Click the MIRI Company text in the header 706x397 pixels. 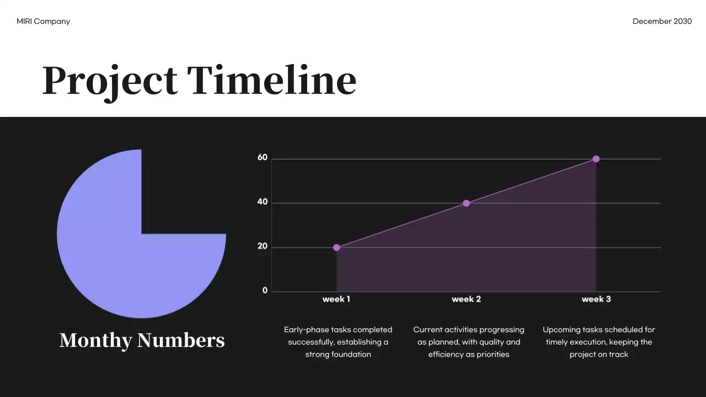tap(43, 22)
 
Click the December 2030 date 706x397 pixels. tap(662, 22)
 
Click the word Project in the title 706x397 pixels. tap(110, 81)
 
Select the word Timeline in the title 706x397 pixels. tap(271, 80)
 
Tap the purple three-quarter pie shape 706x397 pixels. tap(110, 259)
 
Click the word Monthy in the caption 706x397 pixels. tap(95, 340)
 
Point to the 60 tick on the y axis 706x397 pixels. tap(263, 158)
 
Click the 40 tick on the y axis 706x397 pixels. tap(263, 202)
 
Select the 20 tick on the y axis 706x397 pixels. tap(263, 246)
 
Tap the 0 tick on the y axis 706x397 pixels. tap(265, 291)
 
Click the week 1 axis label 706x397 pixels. tap(336, 299)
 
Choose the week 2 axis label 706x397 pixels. tap(466, 299)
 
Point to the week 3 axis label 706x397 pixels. tap(596, 299)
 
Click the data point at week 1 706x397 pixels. tap(336, 248)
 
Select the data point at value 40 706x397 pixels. tap(466, 203)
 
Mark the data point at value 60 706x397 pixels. tap(596, 159)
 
